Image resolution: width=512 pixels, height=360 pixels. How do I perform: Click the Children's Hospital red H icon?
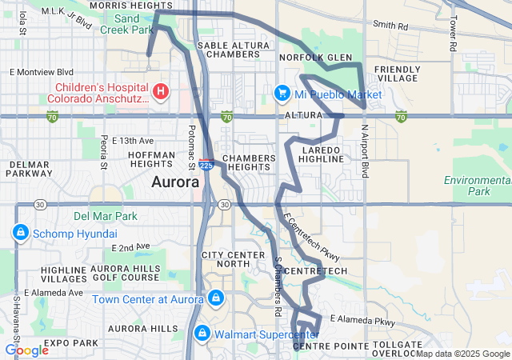[161, 91]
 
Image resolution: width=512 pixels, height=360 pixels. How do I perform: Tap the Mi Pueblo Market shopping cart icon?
[282, 94]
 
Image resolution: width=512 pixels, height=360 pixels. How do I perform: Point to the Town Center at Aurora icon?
[214, 299]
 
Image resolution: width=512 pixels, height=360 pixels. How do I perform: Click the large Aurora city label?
[175, 182]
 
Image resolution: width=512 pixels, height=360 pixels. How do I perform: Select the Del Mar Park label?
[105, 216]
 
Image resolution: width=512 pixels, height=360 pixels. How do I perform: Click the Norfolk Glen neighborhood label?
[315, 58]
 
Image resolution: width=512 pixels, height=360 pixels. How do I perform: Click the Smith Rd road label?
[390, 26]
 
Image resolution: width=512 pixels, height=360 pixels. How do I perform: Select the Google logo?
[26, 350]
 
